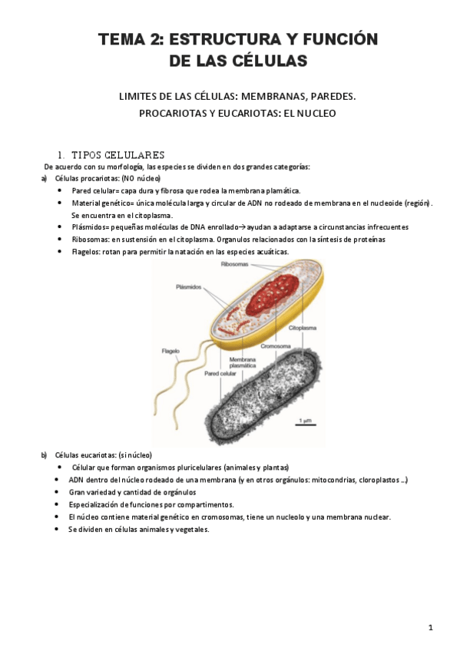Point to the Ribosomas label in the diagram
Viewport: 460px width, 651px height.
pyautogui.click(x=233, y=264)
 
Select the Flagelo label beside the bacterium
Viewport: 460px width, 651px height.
pyautogui.click(x=170, y=351)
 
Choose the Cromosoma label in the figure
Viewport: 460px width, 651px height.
pyautogui.click(x=274, y=345)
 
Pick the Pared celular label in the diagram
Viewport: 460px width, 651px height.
pyautogui.click(x=220, y=374)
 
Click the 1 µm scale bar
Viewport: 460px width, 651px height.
pyautogui.click(x=305, y=422)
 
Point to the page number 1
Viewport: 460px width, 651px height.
pyautogui.click(x=431, y=627)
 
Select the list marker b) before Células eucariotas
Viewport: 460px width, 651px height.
pyautogui.click(x=44, y=454)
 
